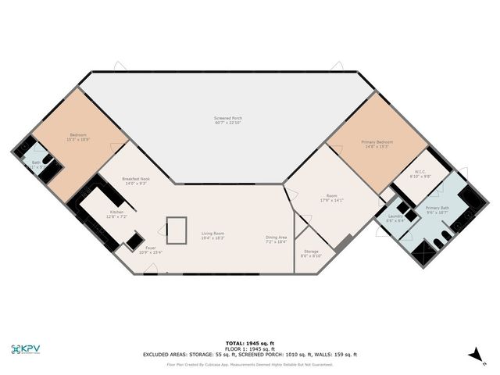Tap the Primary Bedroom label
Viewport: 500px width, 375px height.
click(375, 142)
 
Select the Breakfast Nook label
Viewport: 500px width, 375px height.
click(136, 179)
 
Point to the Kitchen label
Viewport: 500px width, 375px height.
click(116, 212)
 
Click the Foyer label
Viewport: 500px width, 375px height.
click(150, 248)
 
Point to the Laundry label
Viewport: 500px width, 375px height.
click(395, 216)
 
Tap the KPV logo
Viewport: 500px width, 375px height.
click(27, 349)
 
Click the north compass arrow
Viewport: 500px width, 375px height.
click(474, 355)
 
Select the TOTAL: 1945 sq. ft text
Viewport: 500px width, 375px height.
click(250, 343)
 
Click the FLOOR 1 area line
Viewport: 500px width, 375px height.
click(250, 348)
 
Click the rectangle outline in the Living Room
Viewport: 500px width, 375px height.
click(177, 230)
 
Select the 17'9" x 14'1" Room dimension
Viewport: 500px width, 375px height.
click(333, 200)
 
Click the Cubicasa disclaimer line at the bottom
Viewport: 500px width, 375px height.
click(250, 364)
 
